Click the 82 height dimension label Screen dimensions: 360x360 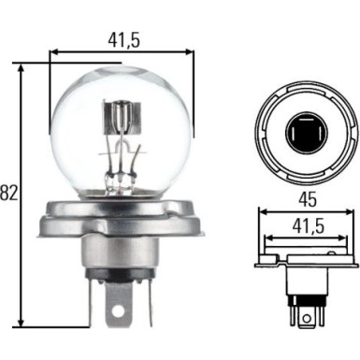pyautogui.click(x=9, y=193)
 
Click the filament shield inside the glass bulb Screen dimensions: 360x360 pyautogui.click(x=119, y=122)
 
